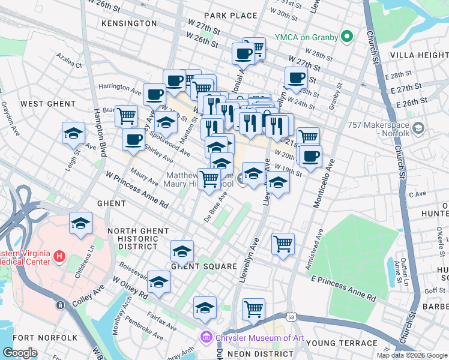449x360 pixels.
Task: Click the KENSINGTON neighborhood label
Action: click(x=129, y=23)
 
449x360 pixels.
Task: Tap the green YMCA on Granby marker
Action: click(x=346, y=37)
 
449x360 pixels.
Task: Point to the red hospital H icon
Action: click(x=59, y=257)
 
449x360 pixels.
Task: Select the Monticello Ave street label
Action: click(x=321, y=184)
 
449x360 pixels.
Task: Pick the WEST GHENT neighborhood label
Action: click(x=40, y=104)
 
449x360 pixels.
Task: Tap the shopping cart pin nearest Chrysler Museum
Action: click(x=254, y=310)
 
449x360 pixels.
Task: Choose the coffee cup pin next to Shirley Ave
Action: click(x=133, y=139)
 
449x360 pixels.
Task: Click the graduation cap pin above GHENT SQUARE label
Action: click(x=182, y=251)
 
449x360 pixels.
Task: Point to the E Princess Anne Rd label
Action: click(x=343, y=289)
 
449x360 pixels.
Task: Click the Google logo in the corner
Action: click(x=20, y=353)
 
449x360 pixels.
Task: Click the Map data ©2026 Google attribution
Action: click(x=411, y=355)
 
